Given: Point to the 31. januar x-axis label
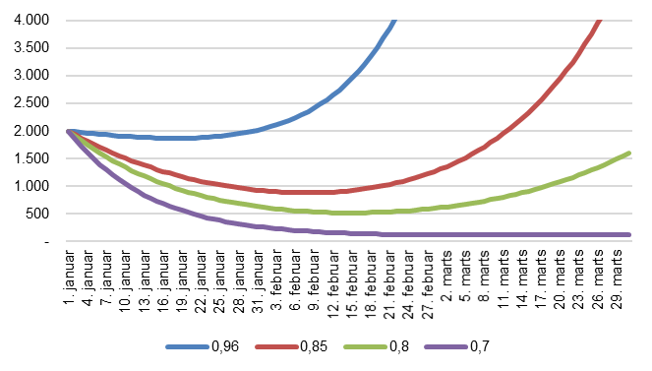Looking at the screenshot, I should (259, 277).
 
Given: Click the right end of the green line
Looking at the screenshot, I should (628, 153).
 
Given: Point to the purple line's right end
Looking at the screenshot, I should (628, 234).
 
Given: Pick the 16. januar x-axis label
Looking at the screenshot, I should (163, 277).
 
